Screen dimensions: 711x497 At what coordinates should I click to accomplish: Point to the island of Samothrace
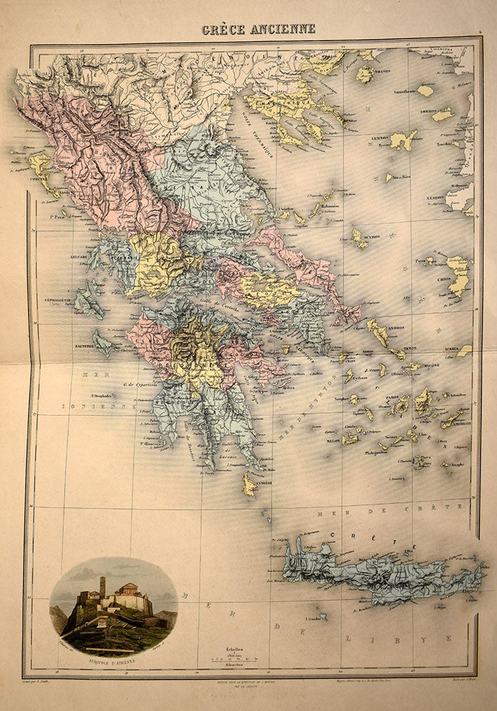425,90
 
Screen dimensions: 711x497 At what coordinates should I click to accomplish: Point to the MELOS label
333,440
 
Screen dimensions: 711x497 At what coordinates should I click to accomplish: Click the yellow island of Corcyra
41,171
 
